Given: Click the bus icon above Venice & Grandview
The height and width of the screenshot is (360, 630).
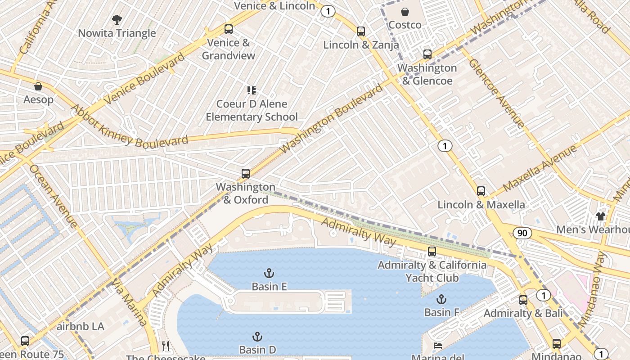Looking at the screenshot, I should coord(229,30).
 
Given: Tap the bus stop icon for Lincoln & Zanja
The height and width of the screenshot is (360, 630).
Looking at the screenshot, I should coord(360,31).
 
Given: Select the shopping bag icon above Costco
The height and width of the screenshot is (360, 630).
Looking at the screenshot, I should coord(405,12).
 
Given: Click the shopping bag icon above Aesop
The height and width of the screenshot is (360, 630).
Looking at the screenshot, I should coord(38,86).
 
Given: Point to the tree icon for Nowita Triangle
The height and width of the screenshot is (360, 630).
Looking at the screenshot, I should coord(117,20).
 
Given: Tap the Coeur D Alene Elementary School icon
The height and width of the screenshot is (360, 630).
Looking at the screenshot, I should coord(252,90).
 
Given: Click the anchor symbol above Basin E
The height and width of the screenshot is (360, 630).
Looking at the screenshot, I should coord(269,273).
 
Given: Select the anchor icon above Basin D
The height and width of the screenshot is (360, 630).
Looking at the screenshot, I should coord(257,337).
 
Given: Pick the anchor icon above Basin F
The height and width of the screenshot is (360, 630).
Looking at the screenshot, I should coord(441,299).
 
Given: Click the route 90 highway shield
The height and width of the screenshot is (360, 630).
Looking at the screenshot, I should coord(522,233).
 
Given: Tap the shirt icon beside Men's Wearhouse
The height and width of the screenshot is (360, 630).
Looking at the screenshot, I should coord(600,216).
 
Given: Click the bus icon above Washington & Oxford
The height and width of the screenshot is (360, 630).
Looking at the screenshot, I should coord(245,174).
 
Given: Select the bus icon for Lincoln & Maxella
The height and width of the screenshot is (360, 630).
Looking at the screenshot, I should coord(481,191).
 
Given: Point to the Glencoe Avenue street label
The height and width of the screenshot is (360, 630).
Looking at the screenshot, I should coord(496,93).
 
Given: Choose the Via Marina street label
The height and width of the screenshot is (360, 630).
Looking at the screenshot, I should coord(130,302).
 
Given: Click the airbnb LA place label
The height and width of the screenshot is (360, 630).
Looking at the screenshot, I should coord(81,326).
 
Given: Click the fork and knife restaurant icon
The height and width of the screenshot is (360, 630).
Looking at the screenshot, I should coord(166,346).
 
